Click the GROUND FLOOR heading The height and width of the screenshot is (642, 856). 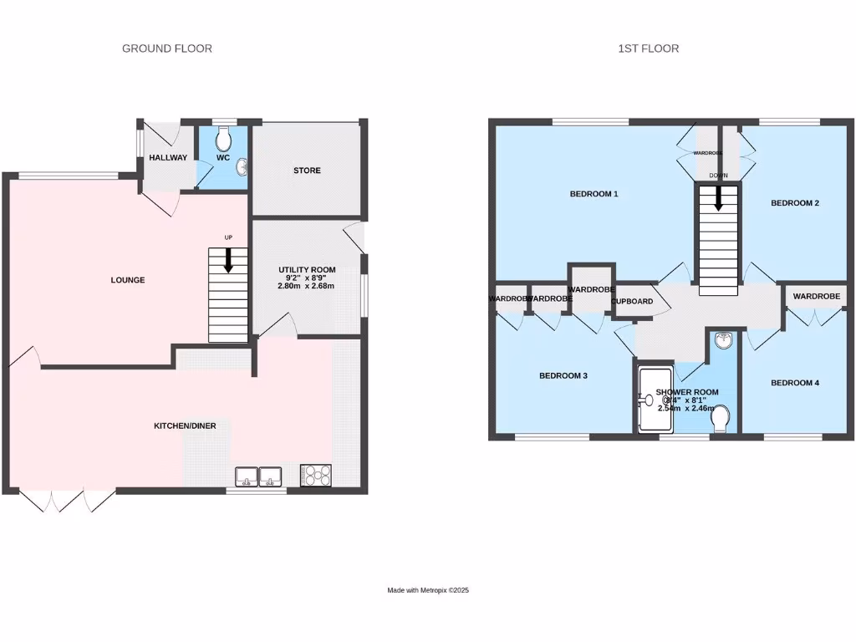point(167,48)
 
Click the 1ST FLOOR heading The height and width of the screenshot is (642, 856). point(648,48)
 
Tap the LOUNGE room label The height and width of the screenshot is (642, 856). point(127,280)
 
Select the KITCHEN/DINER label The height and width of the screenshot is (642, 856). point(185,426)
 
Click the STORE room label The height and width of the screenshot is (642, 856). point(307,171)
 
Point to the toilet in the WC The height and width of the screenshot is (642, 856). point(223,137)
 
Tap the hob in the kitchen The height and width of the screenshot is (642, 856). point(315,475)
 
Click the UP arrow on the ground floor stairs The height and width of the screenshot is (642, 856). point(228,261)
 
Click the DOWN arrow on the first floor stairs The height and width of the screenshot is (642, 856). point(718,198)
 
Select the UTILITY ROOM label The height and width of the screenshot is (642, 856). point(307,270)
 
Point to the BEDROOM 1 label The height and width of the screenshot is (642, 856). point(594,195)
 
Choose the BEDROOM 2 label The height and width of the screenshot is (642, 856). point(794,203)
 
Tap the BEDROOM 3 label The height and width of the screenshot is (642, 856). point(563,376)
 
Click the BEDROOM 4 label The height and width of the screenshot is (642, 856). point(794,383)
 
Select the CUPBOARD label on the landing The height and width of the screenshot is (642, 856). point(632,301)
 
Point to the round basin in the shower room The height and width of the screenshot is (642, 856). point(723,340)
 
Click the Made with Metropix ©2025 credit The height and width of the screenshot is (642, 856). point(428,590)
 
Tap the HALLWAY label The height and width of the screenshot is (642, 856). point(168,158)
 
